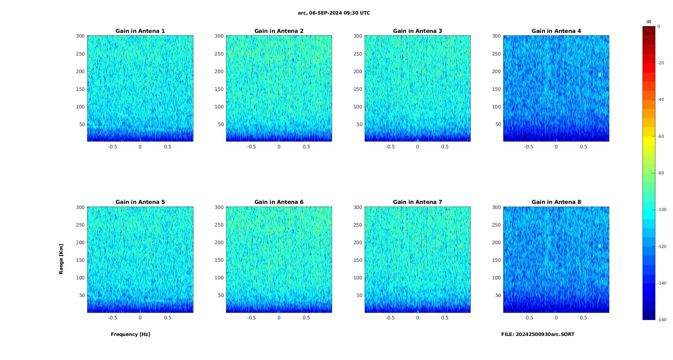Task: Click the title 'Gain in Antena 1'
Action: click(x=140, y=31)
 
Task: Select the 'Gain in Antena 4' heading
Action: click(x=556, y=31)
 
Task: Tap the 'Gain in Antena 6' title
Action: click(x=279, y=202)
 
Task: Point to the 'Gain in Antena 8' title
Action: click(x=556, y=202)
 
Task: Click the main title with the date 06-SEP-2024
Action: click(x=334, y=13)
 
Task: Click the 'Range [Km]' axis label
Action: click(x=61, y=259)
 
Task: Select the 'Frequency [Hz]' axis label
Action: click(x=130, y=334)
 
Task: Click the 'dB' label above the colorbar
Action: click(x=649, y=22)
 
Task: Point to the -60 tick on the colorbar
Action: click(x=661, y=136)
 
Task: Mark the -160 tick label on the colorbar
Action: click(x=662, y=320)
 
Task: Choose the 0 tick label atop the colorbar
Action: click(x=659, y=26)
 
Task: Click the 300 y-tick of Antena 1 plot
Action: click(x=80, y=36)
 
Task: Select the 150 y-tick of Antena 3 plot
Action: click(x=358, y=89)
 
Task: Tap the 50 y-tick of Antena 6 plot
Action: click(x=221, y=295)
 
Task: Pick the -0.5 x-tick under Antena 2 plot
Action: click(x=251, y=147)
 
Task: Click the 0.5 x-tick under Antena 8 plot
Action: click(x=583, y=318)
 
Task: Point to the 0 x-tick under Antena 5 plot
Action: click(x=140, y=318)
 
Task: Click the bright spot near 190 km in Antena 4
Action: click(x=599, y=75)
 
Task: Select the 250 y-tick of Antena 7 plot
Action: click(x=358, y=225)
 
